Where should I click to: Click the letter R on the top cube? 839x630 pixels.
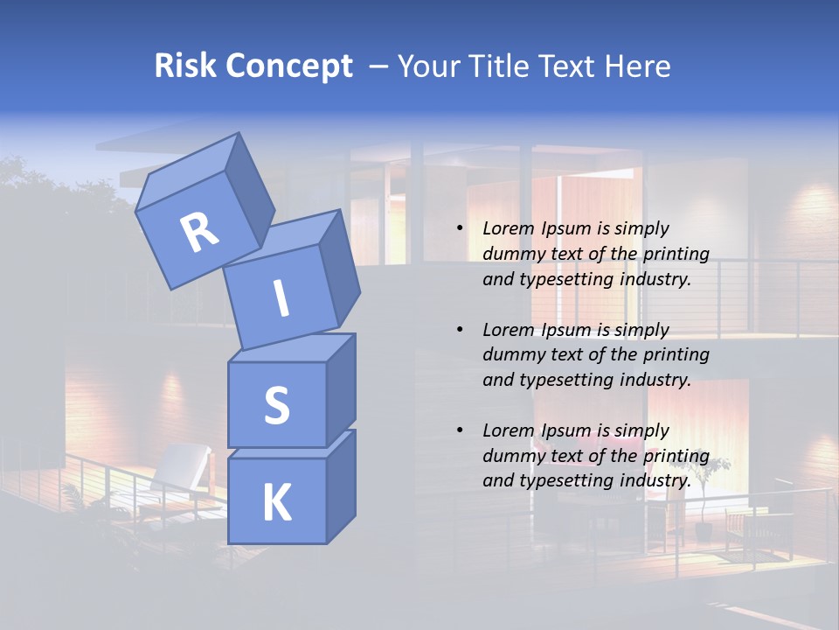[199, 233]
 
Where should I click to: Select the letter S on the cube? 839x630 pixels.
[276, 405]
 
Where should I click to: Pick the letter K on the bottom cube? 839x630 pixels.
[276, 502]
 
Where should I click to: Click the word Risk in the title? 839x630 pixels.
[186, 66]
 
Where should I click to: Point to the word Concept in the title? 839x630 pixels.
[289, 66]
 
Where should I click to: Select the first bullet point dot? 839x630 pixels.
[460, 229]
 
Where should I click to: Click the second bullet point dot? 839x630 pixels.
[460, 330]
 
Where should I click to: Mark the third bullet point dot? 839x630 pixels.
[460, 430]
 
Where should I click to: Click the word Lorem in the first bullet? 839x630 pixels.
[507, 228]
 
